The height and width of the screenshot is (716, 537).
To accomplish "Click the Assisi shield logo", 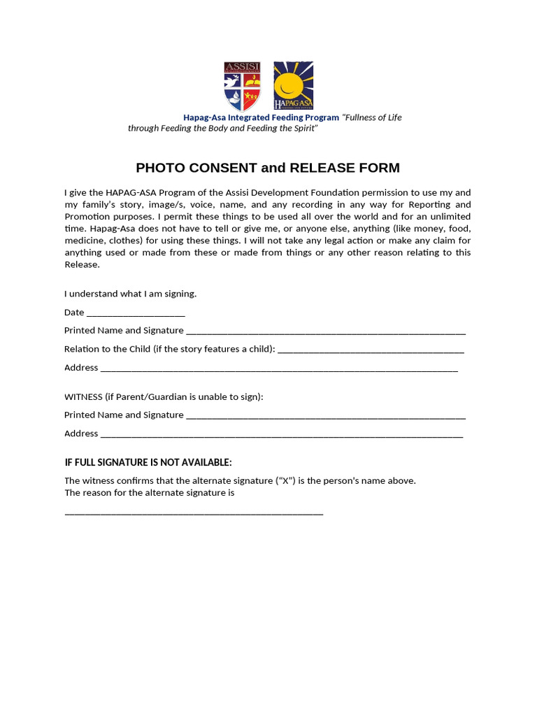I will tap(242, 86).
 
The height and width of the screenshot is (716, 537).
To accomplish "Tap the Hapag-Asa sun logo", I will tap(293, 86).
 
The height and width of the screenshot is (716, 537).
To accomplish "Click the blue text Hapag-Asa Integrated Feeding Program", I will tap(261, 117).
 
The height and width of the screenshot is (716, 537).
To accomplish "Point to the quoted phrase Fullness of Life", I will tap(372, 117).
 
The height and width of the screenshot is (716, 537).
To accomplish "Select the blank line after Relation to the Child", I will tap(371, 350).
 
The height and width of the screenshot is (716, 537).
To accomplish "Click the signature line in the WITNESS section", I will tap(326, 416).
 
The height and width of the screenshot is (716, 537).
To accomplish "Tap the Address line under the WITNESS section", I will tap(281, 434).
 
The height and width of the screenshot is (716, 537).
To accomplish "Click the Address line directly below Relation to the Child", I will tap(279, 368).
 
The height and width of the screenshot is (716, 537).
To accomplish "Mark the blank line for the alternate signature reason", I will tap(194, 513).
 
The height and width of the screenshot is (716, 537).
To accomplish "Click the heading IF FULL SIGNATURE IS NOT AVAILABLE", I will tap(148, 462).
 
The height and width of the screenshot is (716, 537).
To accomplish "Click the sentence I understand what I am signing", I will tap(130, 294).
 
